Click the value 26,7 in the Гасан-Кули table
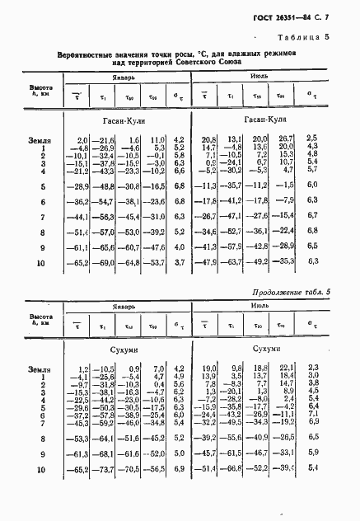point(284,138)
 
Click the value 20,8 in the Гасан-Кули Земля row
point(208,138)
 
